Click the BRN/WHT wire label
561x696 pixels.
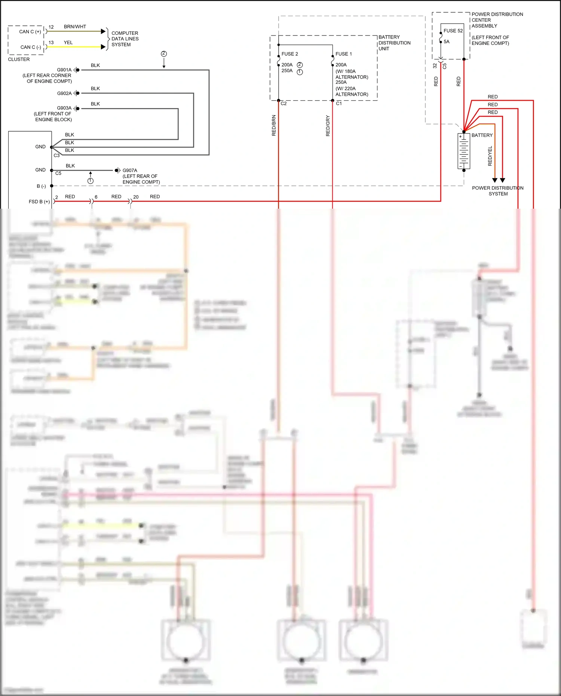[75, 27]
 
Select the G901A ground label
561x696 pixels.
[64, 70]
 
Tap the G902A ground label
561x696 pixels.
[64, 93]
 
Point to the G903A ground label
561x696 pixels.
[64, 108]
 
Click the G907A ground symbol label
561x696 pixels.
[130, 170]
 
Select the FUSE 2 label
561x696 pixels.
[289, 54]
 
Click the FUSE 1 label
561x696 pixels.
[343, 54]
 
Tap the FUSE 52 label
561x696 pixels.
[453, 31]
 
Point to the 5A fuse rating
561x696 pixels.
[447, 42]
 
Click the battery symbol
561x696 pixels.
[464, 151]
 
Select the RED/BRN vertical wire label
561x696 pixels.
[274, 125]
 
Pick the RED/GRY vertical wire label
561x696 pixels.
[328, 125]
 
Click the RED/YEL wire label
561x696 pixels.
[490, 156]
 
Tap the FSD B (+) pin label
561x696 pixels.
[39, 202]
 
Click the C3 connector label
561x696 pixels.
[56, 155]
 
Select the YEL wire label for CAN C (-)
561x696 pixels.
[68, 42]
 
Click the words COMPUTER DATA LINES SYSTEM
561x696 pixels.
[125, 39]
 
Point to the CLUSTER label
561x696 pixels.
[19, 59]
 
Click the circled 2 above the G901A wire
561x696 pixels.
[164, 53]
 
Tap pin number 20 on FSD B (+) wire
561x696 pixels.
[136, 197]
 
